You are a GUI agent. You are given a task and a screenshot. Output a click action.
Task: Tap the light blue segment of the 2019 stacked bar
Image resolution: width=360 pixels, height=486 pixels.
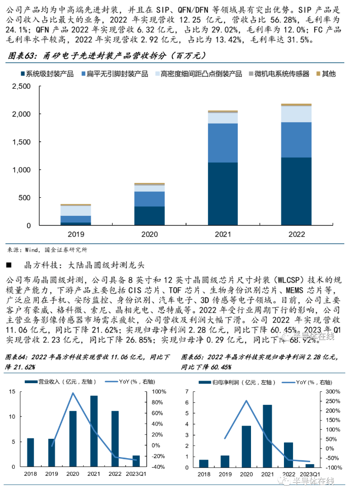pos(76,210)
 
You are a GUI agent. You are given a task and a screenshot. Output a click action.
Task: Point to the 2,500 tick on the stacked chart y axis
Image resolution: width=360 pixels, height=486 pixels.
pos(21,86)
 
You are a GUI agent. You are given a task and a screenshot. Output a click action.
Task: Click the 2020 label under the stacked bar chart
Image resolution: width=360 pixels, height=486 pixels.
pos(149,235)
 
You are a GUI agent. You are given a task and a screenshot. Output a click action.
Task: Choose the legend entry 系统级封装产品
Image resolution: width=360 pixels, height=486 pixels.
pos(49,73)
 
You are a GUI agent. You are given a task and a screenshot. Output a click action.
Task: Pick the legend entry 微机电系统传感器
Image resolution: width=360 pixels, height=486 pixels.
pos(282,73)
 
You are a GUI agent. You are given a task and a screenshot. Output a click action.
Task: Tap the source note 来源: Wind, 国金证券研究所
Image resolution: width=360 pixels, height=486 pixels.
pos(48,250)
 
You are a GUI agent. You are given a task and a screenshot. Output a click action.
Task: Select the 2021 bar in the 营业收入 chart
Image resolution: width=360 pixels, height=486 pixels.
pos(94,431)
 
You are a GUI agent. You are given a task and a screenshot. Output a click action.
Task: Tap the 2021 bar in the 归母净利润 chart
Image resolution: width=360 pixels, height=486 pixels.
pos(267,436)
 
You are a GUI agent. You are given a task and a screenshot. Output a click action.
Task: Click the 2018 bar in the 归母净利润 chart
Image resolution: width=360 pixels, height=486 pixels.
pos(204,463)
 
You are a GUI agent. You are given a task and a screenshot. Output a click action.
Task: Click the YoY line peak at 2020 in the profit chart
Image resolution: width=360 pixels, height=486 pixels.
pos(246,401)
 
